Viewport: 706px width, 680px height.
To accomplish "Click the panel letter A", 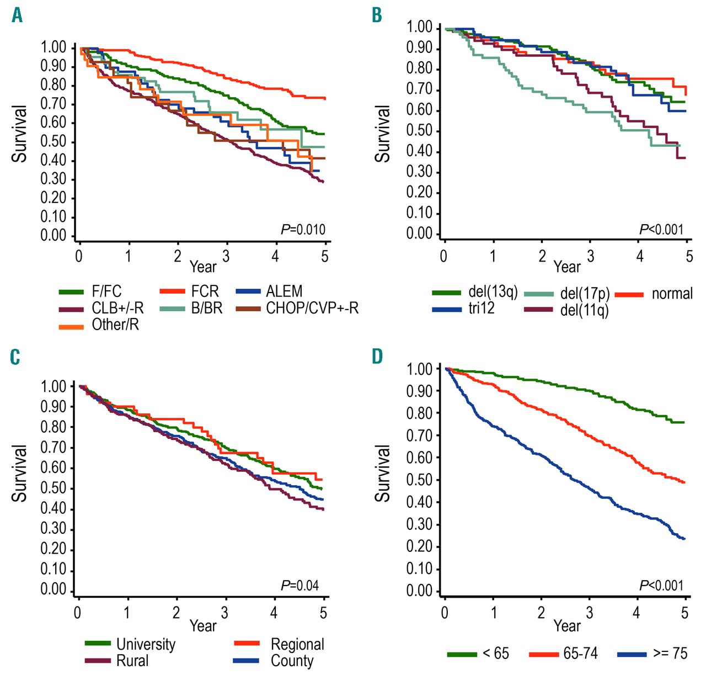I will point(17,15).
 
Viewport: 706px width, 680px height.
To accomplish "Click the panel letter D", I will point(377,356).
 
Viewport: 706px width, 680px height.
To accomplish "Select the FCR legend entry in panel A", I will point(205,291).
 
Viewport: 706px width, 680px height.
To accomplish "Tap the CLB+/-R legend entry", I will point(117,308).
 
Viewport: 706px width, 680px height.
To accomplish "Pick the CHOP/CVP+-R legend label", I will point(312,308).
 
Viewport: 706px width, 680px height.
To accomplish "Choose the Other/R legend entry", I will point(115,325).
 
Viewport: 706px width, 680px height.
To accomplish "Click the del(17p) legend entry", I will point(585,294).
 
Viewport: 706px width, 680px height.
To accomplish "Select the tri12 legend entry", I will point(482,309).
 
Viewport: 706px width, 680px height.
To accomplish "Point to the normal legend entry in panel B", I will point(672,294).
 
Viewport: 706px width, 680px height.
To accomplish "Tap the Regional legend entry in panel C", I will point(297,644).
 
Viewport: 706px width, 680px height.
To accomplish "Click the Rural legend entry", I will point(132,661).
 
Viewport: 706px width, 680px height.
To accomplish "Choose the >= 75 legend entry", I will point(670,654).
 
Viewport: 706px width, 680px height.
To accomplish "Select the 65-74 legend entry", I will point(580,654).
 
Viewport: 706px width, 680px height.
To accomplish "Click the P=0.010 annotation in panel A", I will point(303,229).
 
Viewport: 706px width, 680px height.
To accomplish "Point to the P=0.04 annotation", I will point(300,585).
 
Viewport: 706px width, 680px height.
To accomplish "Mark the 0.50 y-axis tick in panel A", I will point(54,141).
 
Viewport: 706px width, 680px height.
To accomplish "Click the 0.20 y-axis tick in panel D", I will point(419,546).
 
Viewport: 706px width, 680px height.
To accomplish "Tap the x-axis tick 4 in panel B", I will point(640,256).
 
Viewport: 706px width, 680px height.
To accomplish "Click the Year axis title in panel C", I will point(202,626).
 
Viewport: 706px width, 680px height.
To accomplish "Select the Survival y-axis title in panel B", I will point(382,134).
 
